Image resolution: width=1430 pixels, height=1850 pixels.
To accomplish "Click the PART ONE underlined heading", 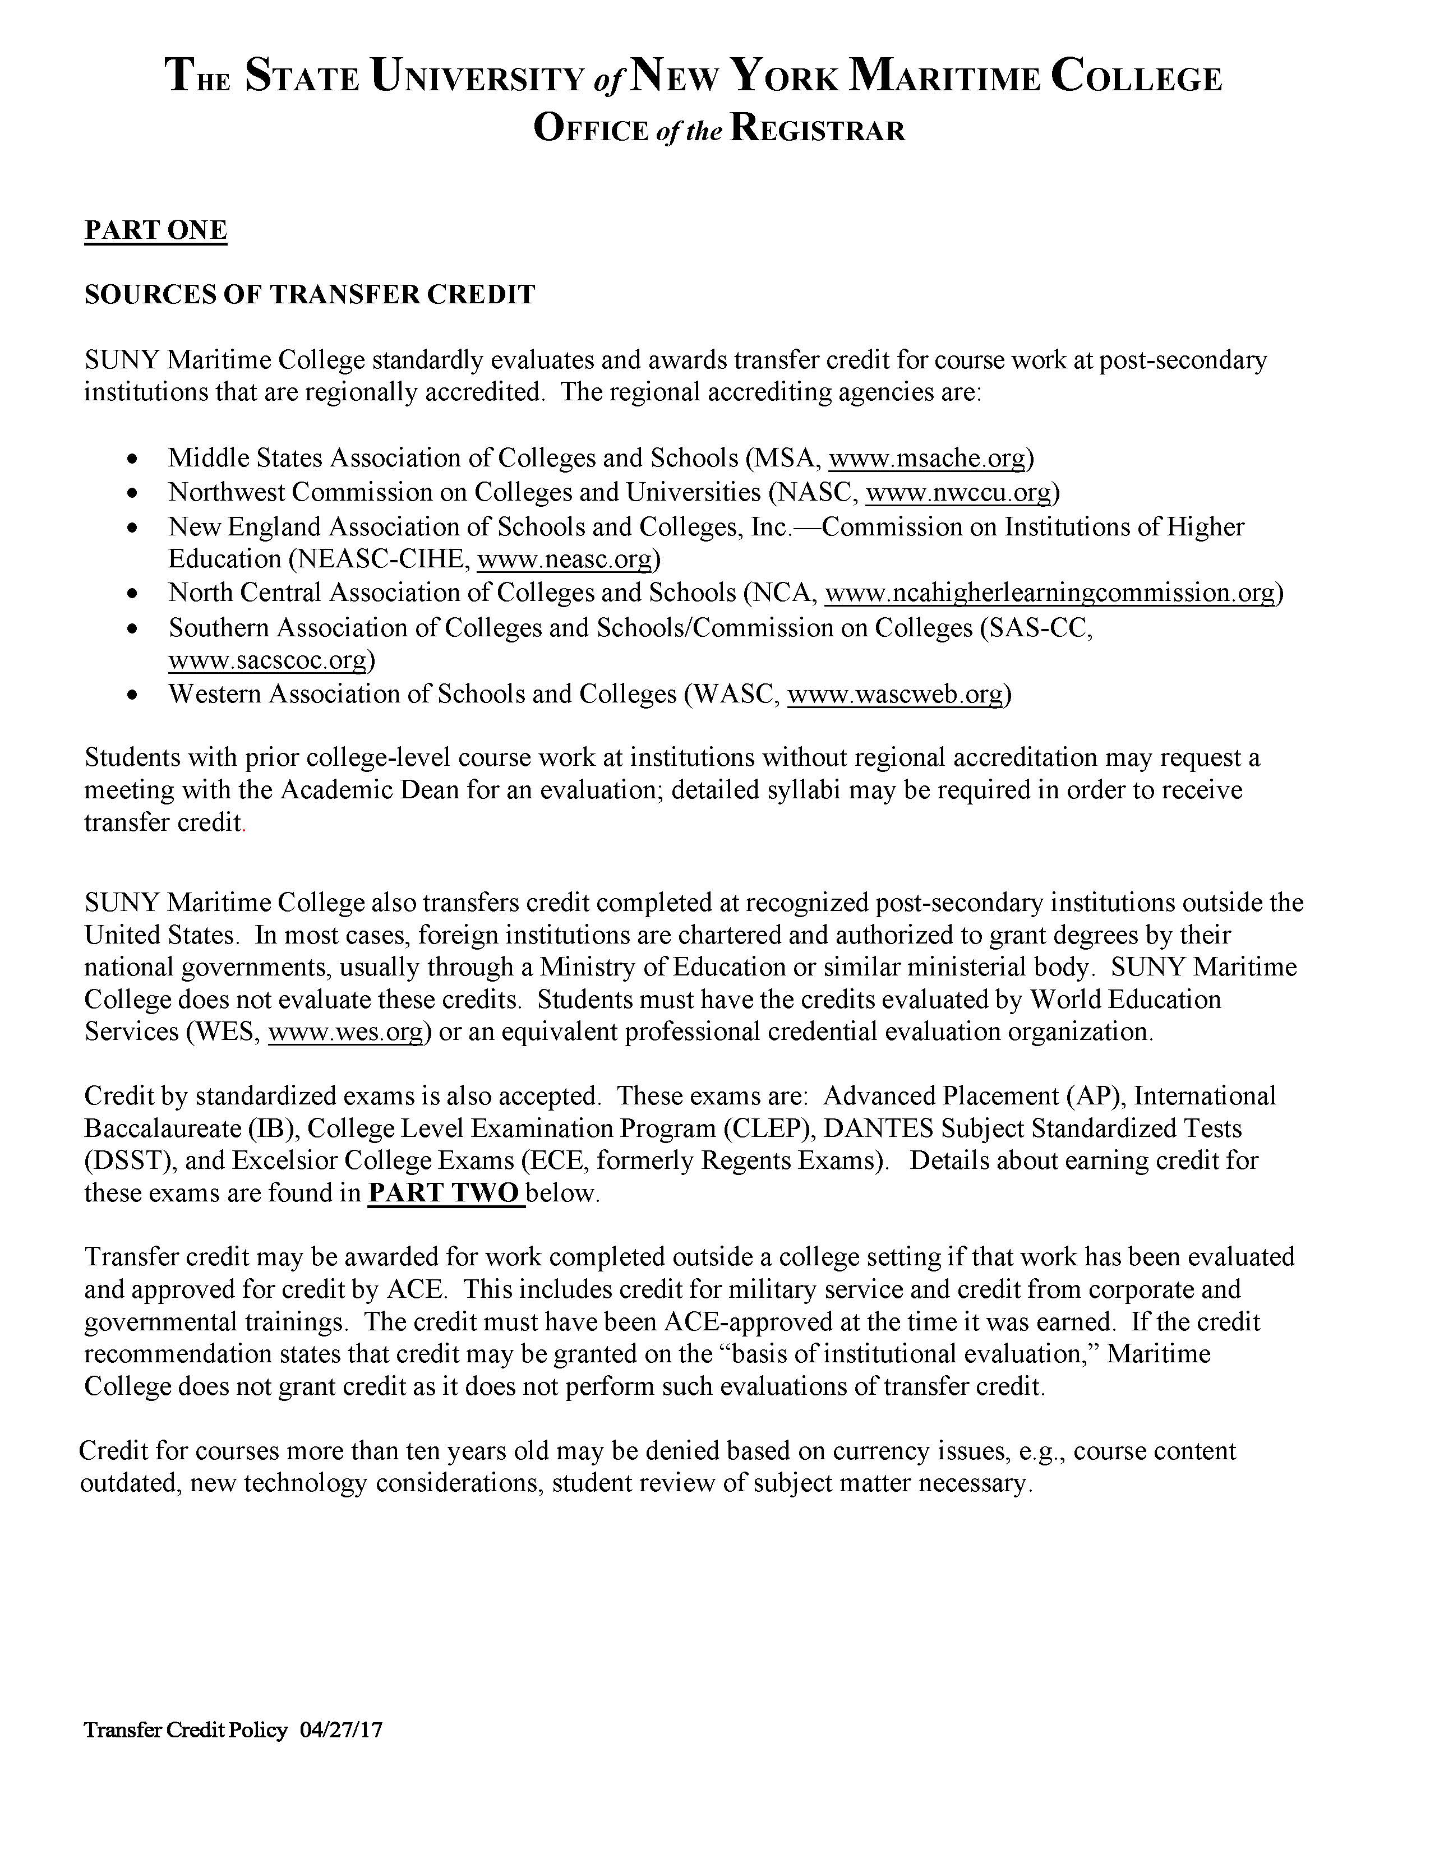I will coord(156,230).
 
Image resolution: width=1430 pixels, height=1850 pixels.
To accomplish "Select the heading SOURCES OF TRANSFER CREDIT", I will coord(309,295).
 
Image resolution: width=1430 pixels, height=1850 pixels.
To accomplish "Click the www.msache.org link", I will coord(927,458).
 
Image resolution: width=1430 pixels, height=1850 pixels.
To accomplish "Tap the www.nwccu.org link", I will coord(958,492).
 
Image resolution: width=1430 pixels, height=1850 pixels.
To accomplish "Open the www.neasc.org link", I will coord(565,559).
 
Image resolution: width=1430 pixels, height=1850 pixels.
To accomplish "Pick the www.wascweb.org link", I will coord(896,695).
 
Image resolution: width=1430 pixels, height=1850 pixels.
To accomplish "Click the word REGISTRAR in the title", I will coord(818,129).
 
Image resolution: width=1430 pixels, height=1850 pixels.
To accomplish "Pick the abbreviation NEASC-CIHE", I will coord(380,559).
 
